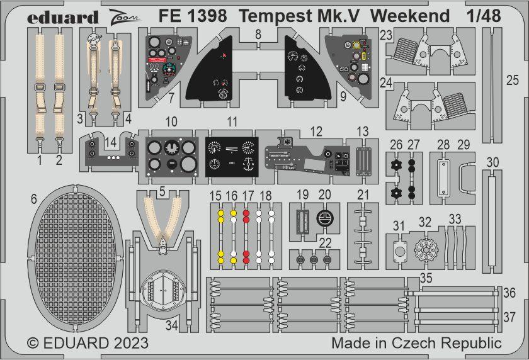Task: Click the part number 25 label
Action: coord(513,80)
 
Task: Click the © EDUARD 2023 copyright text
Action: coord(88,343)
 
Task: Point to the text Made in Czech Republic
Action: coord(416,343)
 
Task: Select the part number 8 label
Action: coord(258,36)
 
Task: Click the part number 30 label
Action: coord(492,162)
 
